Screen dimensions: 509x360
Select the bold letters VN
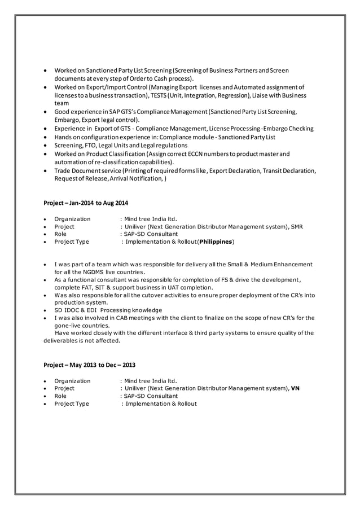coord(295,388)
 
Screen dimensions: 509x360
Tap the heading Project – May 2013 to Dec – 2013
coord(89,365)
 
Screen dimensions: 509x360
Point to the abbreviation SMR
coord(297,227)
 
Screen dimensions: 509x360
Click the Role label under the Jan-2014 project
coord(60,234)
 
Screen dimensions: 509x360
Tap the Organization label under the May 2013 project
coord(72,381)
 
